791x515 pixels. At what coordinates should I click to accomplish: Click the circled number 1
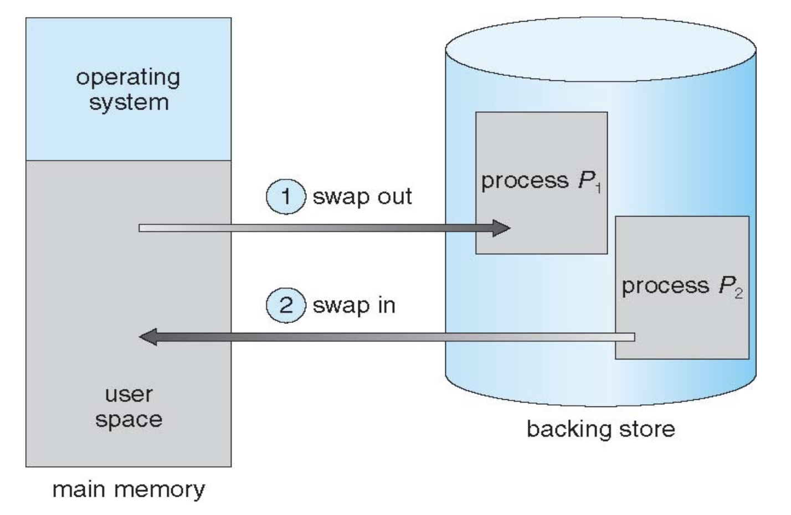[286, 197]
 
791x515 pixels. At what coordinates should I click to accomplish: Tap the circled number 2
[286, 306]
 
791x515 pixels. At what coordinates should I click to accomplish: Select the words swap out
[362, 197]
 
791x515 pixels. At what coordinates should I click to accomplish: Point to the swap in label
[354, 306]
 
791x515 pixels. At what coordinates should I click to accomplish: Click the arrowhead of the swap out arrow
[501, 228]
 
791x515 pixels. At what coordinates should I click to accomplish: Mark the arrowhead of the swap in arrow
[147, 337]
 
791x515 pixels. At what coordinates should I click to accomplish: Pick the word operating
[128, 78]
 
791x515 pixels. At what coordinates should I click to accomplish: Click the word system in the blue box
[129, 102]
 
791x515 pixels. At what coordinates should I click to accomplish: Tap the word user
[129, 394]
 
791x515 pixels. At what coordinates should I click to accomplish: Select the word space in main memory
[129, 419]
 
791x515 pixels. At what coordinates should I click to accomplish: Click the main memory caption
[129, 490]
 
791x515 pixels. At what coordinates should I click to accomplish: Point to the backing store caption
[600, 429]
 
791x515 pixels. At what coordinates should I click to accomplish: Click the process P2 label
[682, 286]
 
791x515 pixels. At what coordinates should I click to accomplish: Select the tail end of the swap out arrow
[142, 228]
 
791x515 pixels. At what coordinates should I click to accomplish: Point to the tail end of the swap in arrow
[631, 337]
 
